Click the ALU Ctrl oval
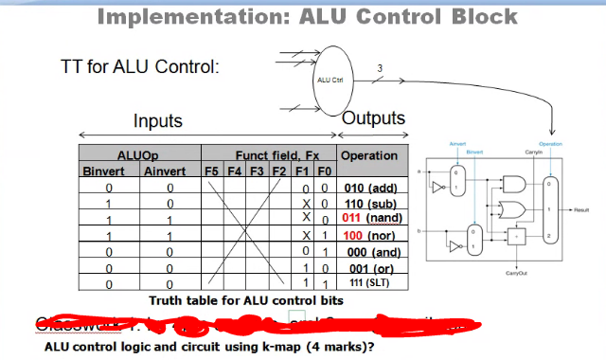tap(330, 79)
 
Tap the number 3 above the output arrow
tap(380, 68)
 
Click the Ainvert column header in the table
tap(169, 171)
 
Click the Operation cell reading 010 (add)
tap(374, 189)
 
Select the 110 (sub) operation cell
tap(374, 204)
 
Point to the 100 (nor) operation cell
tap(374, 235)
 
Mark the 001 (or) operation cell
tap(374, 268)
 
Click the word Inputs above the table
tap(158, 121)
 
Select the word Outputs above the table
tap(373, 118)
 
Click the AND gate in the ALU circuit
tap(514, 183)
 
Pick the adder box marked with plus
tap(516, 235)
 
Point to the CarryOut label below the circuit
tap(518, 274)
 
